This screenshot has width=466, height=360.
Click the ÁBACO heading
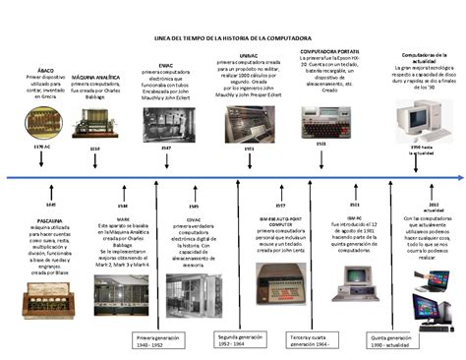tap(44, 71)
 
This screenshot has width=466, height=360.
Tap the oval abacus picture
tap(42, 126)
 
